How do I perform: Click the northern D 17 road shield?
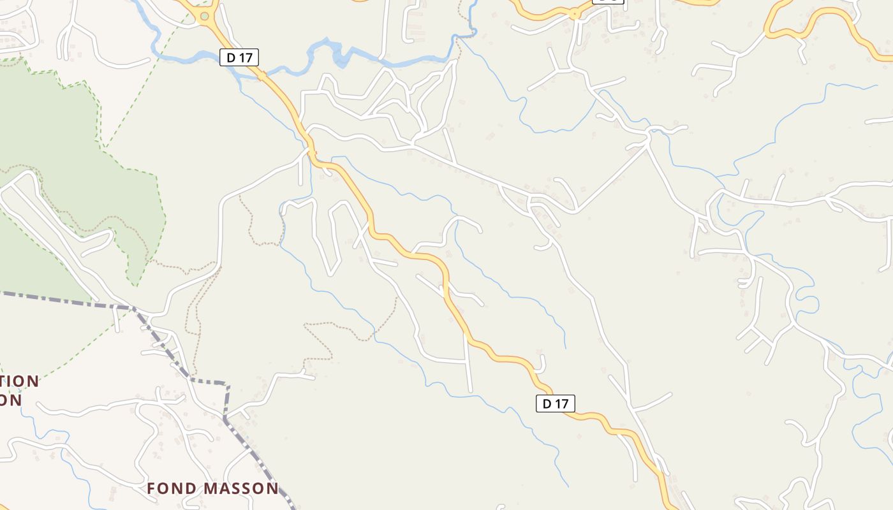point(239,57)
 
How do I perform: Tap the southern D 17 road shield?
point(555,404)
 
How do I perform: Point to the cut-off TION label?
point(20,382)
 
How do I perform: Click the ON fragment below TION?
point(11,400)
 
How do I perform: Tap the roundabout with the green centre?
point(204,17)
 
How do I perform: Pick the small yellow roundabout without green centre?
point(575,13)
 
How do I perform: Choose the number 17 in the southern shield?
point(561,404)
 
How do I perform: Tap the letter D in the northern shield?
point(232,57)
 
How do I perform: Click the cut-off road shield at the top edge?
point(608,2)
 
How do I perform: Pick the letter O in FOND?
point(161,489)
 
